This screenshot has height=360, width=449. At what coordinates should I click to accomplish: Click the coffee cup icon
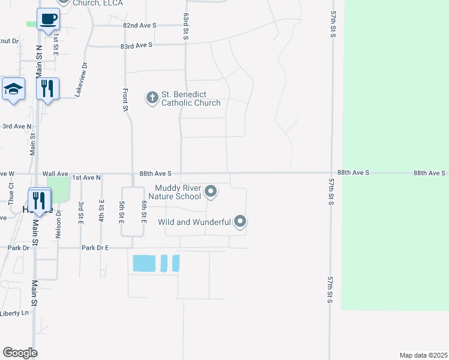click(x=48, y=19)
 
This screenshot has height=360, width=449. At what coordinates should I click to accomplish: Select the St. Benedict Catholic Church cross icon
click(x=152, y=97)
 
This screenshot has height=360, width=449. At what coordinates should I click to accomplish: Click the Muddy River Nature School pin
click(x=210, y=191)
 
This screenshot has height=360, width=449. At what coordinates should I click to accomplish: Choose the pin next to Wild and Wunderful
click(x=240, y=222)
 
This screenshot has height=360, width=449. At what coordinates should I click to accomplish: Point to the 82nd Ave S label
click(x=139, y=26)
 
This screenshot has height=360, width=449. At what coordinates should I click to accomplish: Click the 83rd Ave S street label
click(x=136, y=45)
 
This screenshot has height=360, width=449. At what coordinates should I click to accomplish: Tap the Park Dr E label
click(x=95, y=247)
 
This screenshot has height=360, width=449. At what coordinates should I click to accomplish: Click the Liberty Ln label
click(x=14, y=313)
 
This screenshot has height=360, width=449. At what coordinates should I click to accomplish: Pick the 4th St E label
click(x=101, y=211)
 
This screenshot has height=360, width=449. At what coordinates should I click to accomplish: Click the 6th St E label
click(x=144, y=212)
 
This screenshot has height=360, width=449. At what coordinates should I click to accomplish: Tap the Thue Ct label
click(x=11, y=194)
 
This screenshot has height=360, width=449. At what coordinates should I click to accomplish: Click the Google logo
click(x=20, y=353)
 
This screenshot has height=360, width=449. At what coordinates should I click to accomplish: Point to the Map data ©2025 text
click(x=423, y=355)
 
